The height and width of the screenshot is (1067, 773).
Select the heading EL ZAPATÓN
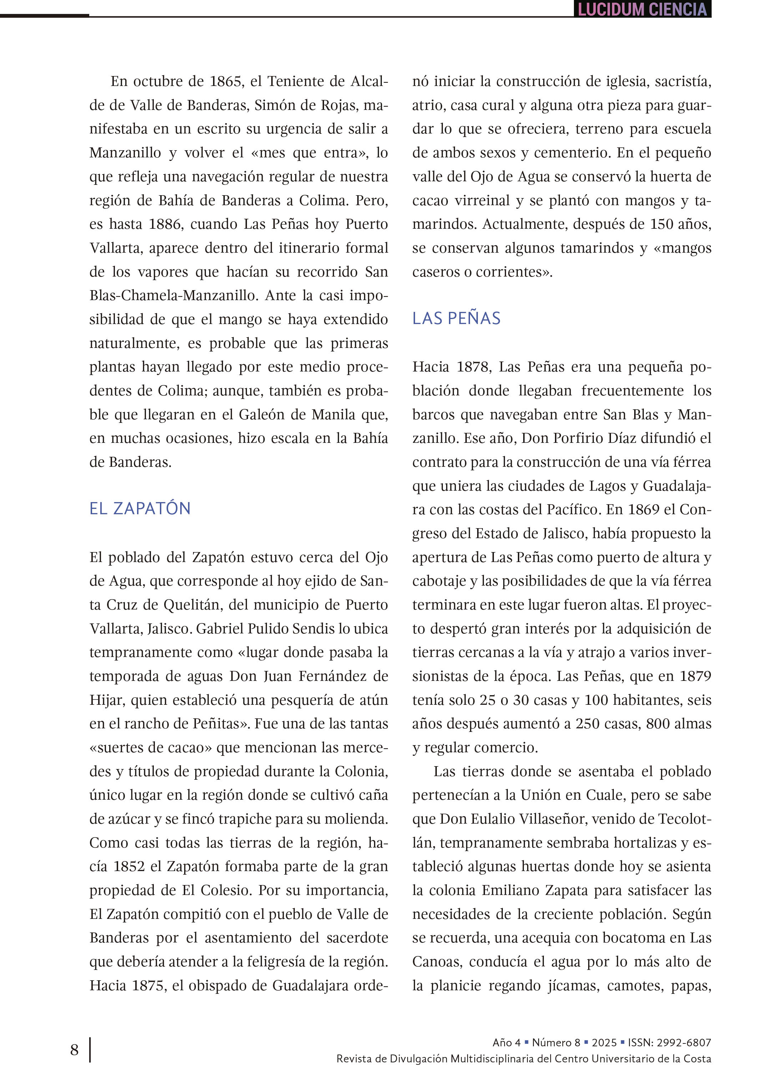(140, 509)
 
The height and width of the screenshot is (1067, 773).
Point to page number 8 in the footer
(74, 1050)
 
